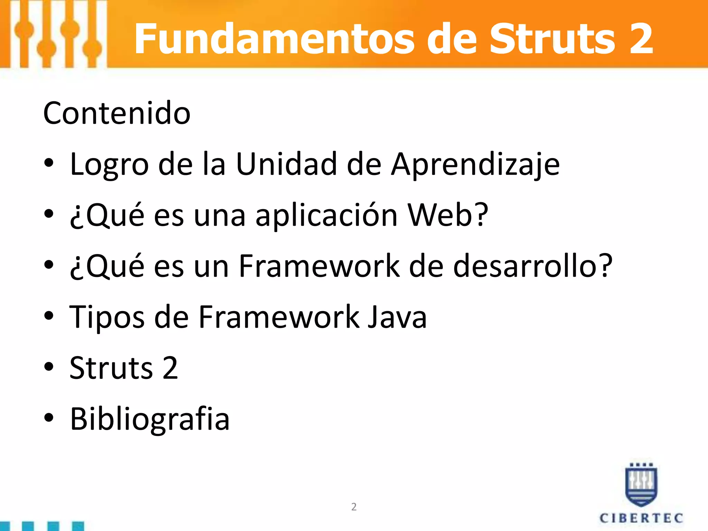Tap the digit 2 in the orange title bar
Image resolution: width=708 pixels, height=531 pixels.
click(641, 39)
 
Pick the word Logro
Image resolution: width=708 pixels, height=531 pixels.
click(109, 165)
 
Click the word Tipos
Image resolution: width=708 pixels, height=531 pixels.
click(107, 317)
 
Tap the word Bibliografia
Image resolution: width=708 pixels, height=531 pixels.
click(150, 419)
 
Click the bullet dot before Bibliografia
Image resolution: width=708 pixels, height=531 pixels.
click(49, 417)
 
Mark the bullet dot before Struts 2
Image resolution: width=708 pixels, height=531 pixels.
click(49, 366)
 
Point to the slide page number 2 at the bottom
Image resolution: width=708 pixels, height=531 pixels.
click(354, 507)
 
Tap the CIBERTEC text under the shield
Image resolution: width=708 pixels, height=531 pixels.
click(641, 518)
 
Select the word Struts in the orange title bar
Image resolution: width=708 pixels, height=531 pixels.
click(552, 39)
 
